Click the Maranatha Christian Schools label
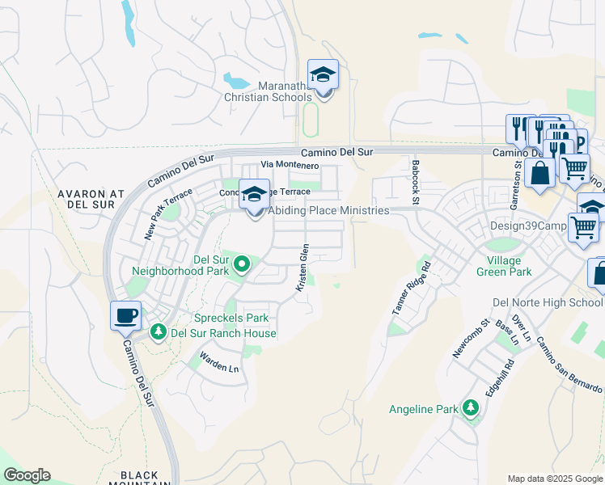[x=267, y=91]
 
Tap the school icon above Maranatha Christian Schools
[x=324, y=75]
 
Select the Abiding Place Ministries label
[x=328, y=210]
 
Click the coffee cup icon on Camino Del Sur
[x=125, y=316]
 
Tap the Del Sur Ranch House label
[x=224, y=333]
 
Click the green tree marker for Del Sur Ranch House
[x=159, y=331]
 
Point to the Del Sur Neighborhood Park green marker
[x=240, y=264]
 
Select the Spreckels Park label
[x=231, y=318]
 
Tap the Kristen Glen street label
[x=302, y=268]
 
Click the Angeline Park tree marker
[x=470, y=409]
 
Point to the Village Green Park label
[x=510, y=266]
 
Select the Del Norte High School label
[x=548, y=302]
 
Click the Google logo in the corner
[x=27, y=475]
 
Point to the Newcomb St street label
[x=472, y=339]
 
